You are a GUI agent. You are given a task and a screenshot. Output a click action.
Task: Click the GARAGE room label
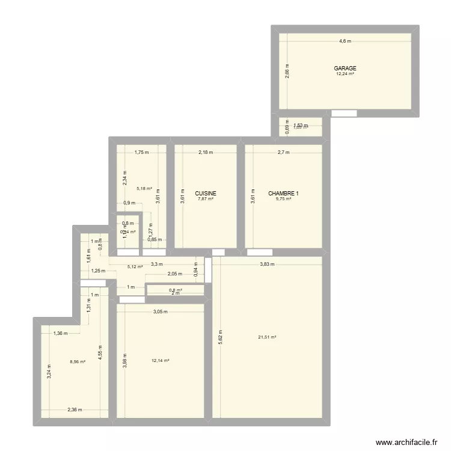(345, 69)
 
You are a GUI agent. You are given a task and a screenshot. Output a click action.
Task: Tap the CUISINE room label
(206, 194)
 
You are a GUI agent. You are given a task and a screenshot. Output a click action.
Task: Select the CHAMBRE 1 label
(283, 194)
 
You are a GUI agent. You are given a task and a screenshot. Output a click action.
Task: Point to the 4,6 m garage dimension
(345, 41)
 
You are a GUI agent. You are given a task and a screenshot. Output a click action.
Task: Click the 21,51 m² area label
(267, 337)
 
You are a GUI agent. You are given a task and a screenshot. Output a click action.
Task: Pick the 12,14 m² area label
(161, 361)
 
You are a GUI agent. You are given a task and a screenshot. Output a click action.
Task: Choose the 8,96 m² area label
(78, 361)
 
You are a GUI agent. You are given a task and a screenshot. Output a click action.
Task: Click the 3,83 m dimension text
(267, 264)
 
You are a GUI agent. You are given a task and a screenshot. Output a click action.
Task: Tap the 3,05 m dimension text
(160, 311)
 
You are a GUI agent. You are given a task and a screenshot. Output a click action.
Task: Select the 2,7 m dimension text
(283, 152)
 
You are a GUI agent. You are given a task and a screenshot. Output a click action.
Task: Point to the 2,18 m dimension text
(206, 152)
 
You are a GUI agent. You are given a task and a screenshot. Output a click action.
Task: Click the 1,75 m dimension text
(141, 152)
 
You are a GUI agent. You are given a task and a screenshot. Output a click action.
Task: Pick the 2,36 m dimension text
(75, 410)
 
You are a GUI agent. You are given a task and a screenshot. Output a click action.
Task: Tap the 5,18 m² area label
(144, 188)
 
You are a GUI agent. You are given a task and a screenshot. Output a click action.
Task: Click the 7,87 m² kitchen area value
(206, 199)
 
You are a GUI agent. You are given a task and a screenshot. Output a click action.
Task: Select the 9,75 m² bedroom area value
(283, 199)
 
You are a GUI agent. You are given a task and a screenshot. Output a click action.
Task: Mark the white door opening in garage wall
(344, 113)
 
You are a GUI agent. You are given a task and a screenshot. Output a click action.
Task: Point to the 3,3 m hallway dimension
(156, 264)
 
